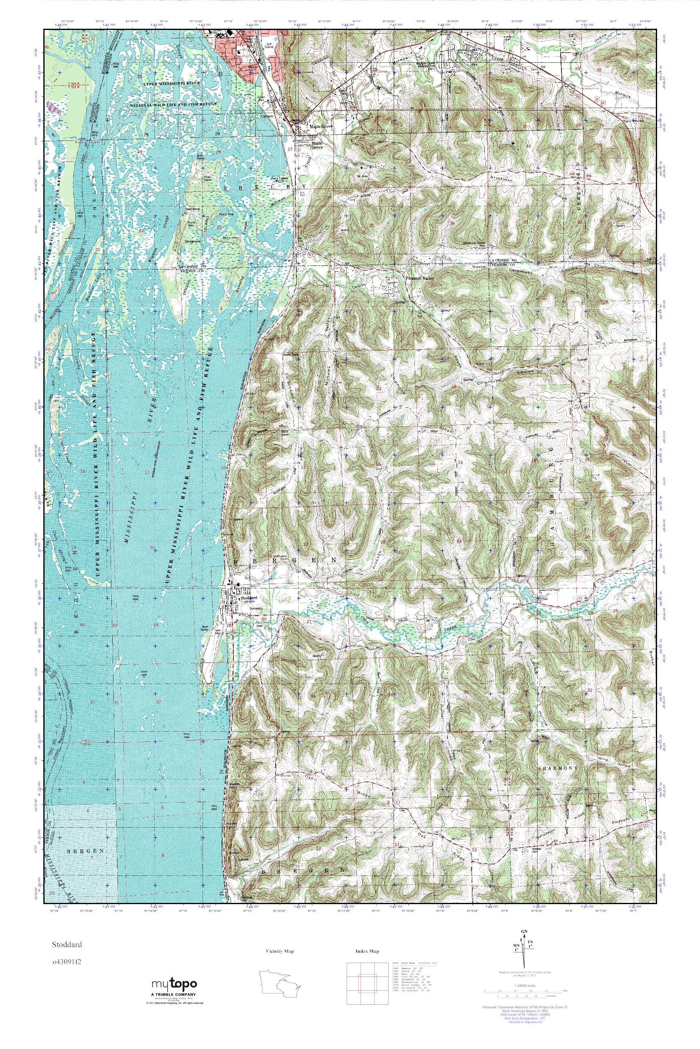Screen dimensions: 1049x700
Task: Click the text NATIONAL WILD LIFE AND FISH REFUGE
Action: (173, 104)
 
